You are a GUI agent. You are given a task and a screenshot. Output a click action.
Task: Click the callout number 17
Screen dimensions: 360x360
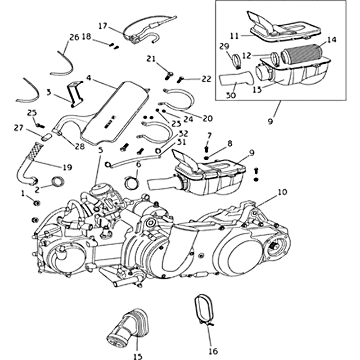pos(102,26)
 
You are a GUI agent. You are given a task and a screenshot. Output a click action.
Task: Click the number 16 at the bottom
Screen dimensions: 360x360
pos(213,351)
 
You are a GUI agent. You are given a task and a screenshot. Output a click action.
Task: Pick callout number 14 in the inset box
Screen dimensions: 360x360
pos(332,40)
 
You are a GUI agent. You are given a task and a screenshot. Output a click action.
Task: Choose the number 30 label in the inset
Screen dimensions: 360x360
pos(231,95)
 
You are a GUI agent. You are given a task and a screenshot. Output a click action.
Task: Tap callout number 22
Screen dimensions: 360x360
pos(206,79)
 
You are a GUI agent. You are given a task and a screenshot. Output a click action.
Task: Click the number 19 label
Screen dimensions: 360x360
pos(67,167)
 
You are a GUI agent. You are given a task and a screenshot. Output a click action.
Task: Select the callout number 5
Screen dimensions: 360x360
pos(100,149)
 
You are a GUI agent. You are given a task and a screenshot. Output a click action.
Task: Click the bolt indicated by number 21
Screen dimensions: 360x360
pos(169,73)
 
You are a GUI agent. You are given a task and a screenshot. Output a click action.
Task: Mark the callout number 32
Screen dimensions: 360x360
pos(183,133)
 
